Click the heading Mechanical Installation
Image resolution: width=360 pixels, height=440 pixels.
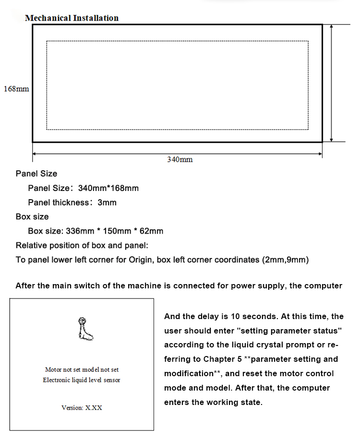[72, 18]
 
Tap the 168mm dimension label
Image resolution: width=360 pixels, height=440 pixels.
[16, 89]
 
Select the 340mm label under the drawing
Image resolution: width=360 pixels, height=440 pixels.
[180, 159]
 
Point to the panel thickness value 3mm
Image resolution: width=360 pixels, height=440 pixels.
[107, 202]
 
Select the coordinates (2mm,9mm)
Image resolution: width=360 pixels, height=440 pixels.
[286, 260]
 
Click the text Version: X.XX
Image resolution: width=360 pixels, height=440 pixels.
[82, 408]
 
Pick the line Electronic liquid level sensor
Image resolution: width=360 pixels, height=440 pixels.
[82, 380]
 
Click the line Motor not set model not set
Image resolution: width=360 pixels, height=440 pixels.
[82, 369]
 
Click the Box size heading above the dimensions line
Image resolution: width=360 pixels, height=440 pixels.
[32, 216]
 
